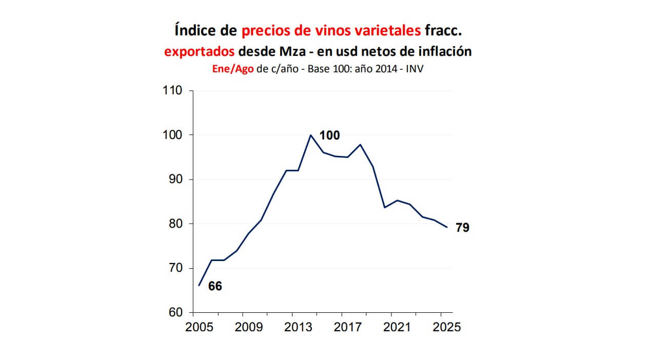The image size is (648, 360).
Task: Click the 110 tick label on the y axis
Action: pos(172,91)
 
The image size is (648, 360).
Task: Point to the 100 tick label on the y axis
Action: pos(172,135)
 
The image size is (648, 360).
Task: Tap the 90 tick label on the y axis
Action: pos(175,179)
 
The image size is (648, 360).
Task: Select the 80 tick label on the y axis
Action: pos(175,224)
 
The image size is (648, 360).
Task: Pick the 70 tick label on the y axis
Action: pos(175,268)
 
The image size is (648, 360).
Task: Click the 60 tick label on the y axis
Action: pos(175,313)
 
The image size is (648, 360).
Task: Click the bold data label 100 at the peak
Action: pos(329,135)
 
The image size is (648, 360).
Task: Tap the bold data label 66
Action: pos(215,286)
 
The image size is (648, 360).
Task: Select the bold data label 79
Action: pos(462,228)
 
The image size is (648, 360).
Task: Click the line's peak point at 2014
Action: pos(310,135)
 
